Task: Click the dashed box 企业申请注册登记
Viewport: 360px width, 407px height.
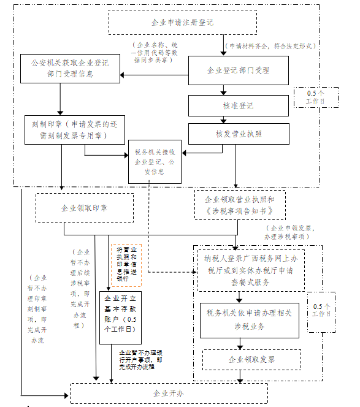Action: [x=182, y=23]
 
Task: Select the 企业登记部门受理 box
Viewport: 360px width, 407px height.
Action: [x=237, y=70]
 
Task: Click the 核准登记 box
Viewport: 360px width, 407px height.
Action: [x=237, y=105]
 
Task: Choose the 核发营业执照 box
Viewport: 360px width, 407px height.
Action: [x=237, y=133]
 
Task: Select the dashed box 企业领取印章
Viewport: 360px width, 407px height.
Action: [x=84, y=208]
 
